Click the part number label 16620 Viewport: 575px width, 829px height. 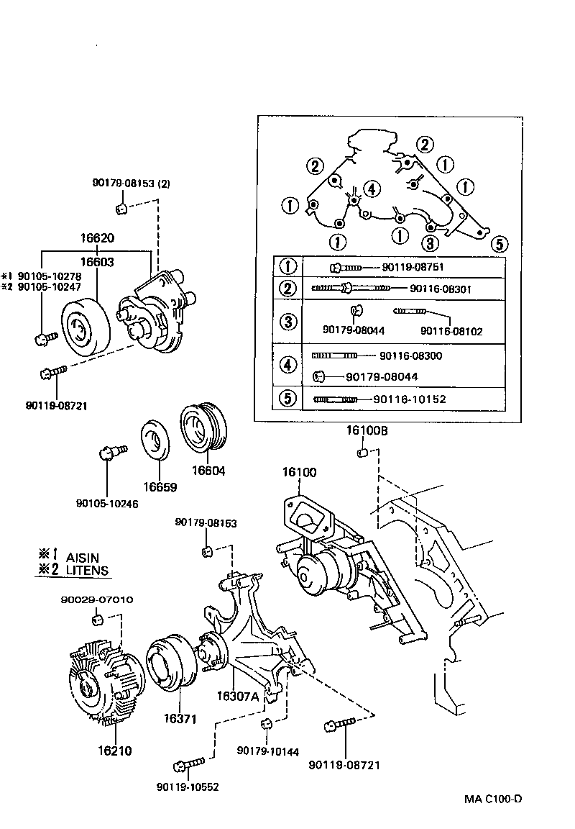97,238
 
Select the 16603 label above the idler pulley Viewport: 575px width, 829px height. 97,263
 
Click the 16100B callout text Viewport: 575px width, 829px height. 367,431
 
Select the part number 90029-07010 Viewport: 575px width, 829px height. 96,599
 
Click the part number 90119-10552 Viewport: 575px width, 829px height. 186,787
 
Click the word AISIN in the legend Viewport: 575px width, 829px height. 83,557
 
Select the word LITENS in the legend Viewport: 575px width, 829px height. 87,571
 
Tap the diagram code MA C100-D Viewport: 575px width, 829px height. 492,799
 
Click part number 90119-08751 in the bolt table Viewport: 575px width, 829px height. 413,267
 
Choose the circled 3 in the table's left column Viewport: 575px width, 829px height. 287,321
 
